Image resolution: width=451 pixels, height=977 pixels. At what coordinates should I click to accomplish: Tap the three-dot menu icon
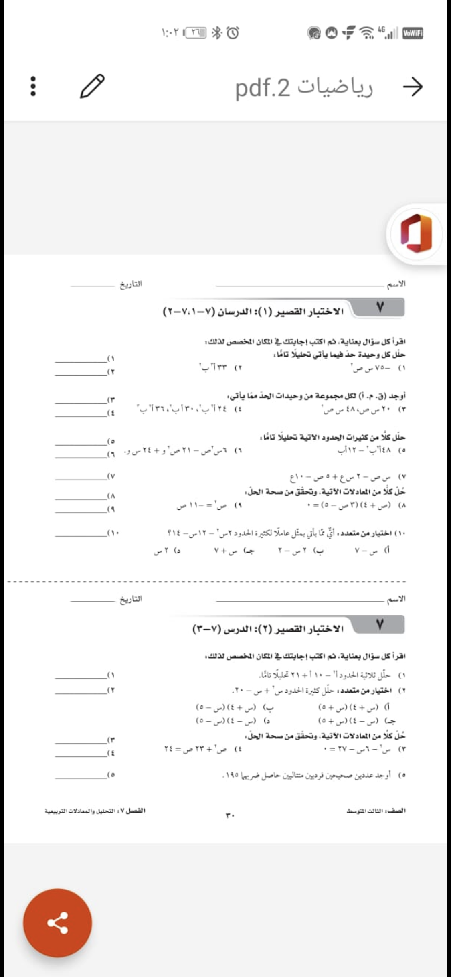33,86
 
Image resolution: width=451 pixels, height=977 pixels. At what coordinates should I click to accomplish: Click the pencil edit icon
92,86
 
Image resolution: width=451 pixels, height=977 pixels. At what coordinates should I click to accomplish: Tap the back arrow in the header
413,87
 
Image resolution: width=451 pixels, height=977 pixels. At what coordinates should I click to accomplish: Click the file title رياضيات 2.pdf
304,87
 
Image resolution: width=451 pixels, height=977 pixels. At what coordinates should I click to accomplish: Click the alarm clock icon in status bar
233,32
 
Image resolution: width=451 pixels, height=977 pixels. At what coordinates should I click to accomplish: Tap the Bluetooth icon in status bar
216,32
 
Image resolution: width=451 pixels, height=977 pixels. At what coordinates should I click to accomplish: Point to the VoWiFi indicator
413,33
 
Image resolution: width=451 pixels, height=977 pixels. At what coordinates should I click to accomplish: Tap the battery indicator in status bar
196,32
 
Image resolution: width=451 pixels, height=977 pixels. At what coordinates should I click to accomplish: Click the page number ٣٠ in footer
230,815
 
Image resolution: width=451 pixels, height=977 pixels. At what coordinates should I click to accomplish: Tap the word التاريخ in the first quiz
131,284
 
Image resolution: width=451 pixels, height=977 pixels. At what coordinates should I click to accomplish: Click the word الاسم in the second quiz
396,599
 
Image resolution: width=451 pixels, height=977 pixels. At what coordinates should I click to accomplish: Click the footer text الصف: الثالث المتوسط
376,811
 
